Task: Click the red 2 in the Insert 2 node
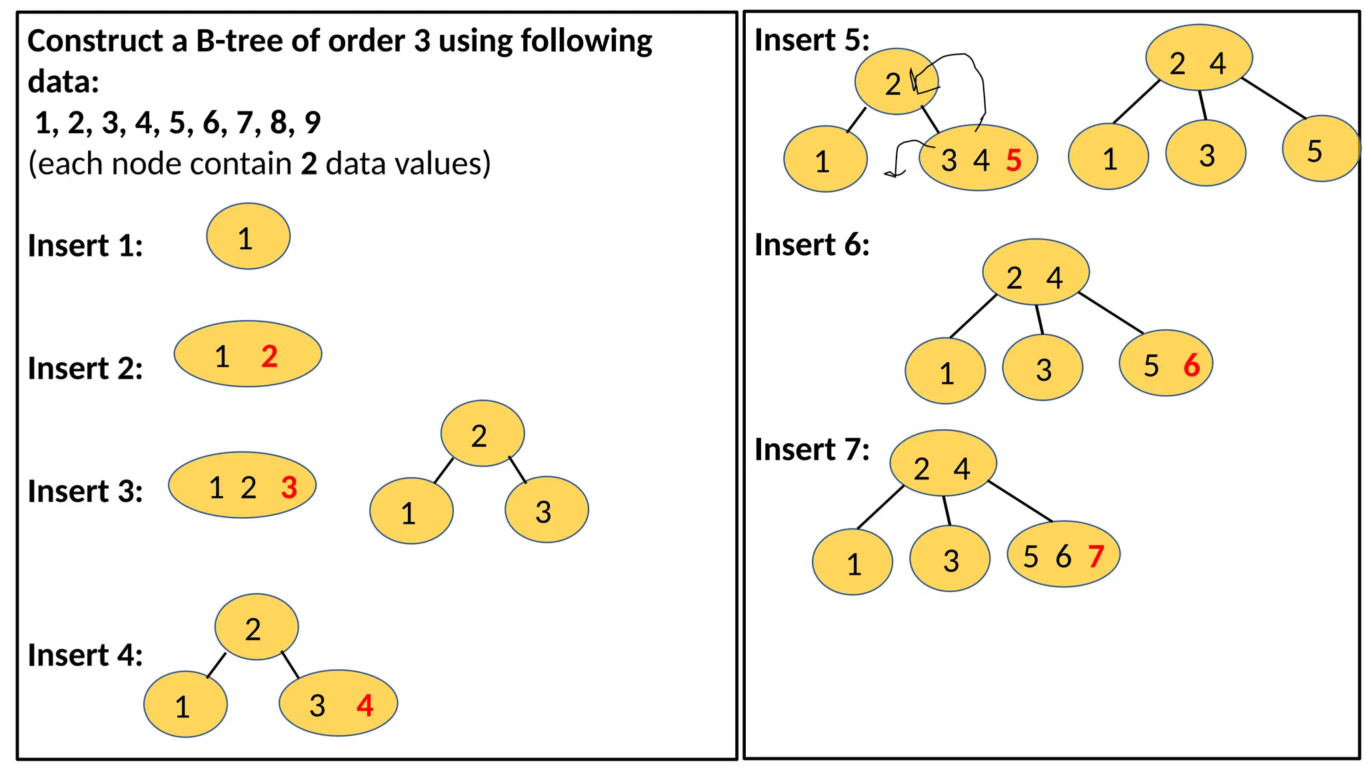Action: point(269,357)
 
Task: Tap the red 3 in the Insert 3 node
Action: point(289,488)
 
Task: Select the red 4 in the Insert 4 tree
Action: point(365,705)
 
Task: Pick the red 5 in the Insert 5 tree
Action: point(1014,161)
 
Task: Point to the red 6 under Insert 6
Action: point(1192,365)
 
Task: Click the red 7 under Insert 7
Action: point(1096,556)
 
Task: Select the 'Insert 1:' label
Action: point(85,246)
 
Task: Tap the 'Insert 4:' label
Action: point(85,655)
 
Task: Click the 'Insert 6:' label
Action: point(812,245)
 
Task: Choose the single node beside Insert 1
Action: point(248,237)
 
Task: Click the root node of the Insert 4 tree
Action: point(257,627)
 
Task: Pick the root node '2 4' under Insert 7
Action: point(942,463)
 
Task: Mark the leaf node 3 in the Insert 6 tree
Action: point(1042,367)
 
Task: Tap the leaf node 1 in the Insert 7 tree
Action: point(852,561)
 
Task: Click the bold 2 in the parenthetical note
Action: point(309,164)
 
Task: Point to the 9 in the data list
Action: point(313,123)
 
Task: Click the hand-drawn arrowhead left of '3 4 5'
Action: point(893,174)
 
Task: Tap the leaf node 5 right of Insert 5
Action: point(1320,149)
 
